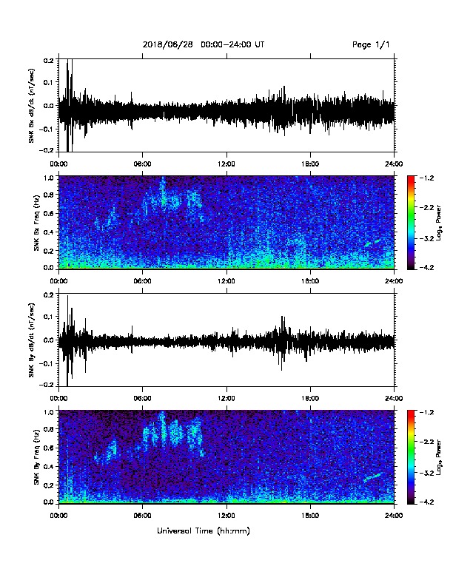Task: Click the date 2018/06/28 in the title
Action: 168,44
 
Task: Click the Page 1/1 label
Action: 371,45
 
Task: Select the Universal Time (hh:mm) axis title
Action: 204,531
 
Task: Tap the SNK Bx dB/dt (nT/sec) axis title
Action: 31,105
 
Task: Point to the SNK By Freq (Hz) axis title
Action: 36,457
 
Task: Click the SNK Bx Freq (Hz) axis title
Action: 36,223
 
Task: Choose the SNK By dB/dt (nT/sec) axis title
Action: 31,340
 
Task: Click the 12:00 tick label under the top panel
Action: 226,164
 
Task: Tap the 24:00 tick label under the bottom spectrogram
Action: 395,516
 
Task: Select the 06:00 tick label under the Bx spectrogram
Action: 142,280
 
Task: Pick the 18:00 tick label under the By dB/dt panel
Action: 310,398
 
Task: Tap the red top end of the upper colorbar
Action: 411,178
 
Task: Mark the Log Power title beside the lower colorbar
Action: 439,457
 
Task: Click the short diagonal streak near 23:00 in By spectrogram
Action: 372,477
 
